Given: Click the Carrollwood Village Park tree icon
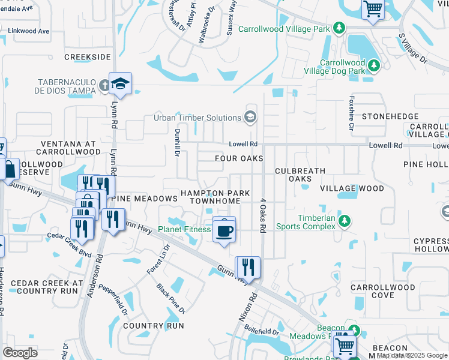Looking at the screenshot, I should point(339,28).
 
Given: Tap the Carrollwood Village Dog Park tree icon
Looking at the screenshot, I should point(374,64).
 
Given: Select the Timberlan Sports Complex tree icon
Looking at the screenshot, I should point(345,221).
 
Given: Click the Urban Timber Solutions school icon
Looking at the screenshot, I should point(250,117).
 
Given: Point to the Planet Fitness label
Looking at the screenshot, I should point(184,229).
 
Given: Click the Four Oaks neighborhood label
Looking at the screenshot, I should point(239,158).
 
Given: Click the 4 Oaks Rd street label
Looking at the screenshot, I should point(262,216).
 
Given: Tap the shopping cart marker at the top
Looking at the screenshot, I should point(373,9).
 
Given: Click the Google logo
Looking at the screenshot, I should point(20,352).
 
